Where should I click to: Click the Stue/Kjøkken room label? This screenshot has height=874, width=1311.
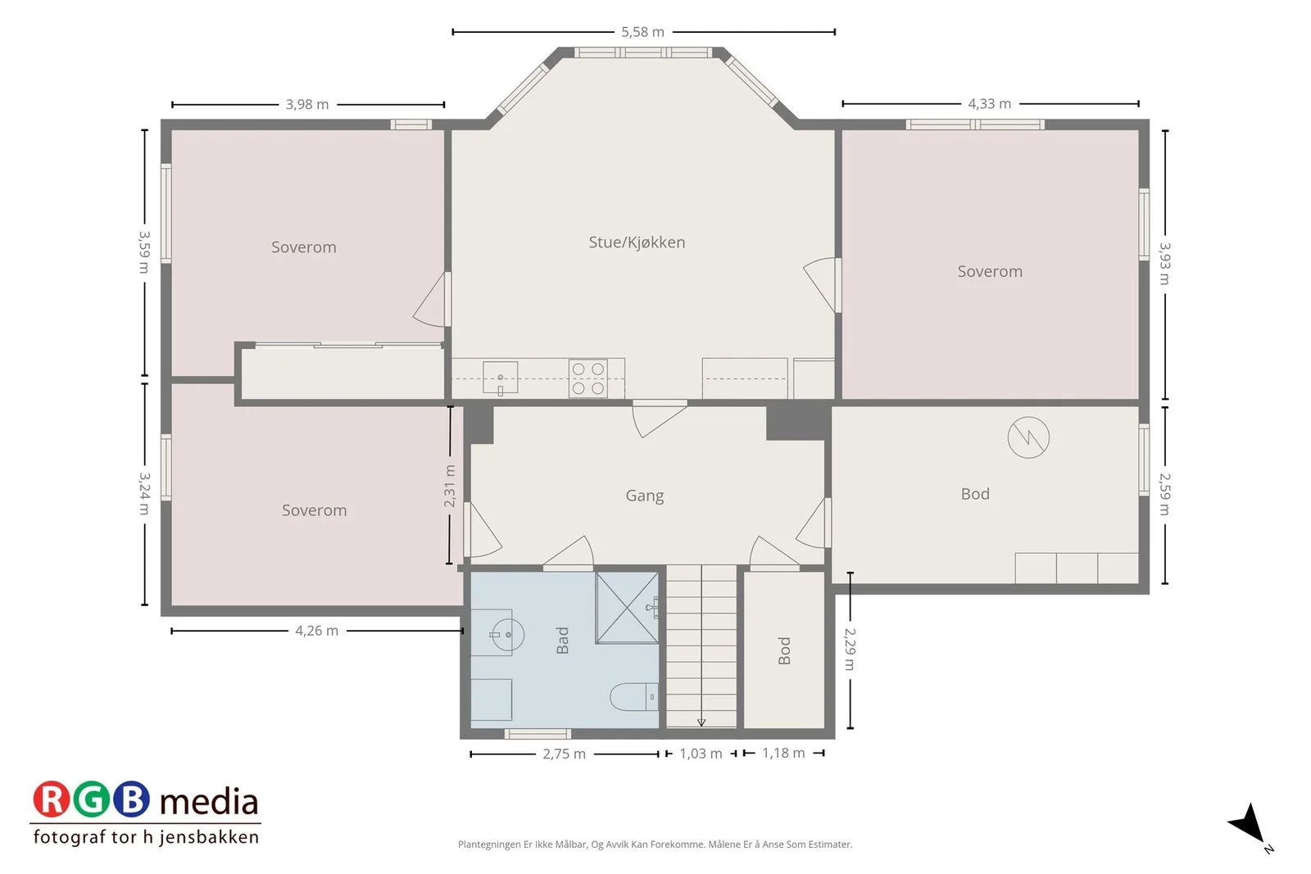coord(637,242)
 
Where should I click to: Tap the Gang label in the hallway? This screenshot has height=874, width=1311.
coord(644,496)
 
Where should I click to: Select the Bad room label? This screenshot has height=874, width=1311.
coord(562,640)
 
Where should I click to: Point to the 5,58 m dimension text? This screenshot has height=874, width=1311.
coord(642,32)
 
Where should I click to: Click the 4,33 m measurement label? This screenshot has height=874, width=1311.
coord(989,103)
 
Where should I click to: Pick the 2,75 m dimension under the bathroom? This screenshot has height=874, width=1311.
coord(564,754)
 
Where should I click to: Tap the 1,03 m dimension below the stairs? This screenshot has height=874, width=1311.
coord(701,754)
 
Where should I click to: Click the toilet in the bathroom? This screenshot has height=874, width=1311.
coord(634,697)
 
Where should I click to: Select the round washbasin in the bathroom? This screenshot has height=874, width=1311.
coord(507,634)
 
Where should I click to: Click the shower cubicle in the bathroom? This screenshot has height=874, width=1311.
coord(627,608)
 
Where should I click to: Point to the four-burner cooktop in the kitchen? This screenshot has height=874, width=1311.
coord(587,378)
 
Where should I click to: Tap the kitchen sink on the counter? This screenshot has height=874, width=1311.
coord(501,378)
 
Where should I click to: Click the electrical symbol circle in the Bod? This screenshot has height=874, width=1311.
coord(1028,437)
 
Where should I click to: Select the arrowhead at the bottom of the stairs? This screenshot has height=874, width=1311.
coord(701,723)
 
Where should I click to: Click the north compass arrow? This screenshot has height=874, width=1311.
coord(1249,824)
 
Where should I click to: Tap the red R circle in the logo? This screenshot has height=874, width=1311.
coord(51,799)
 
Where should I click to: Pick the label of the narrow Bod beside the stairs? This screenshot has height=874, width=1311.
coord(784,650)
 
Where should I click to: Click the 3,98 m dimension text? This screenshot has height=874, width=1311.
coord(307,105)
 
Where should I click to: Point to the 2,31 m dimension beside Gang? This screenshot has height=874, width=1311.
coord(450,486)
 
